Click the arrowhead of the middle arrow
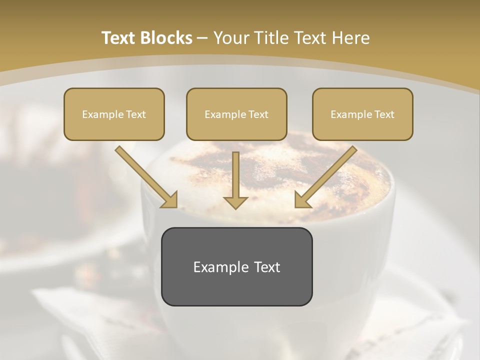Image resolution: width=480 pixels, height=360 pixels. pyautogui.click(x=235, y=202)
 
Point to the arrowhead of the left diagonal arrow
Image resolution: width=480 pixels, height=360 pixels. pyautogui.click(x=169, y=199)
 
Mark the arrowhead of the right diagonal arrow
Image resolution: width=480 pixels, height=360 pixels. pyautogui.click(x=302, y=199)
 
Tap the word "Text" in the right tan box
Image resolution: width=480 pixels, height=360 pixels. pyautogui.click(x=384, y=114)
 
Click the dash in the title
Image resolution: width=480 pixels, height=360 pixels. pyautogui.click(x=202, y=38)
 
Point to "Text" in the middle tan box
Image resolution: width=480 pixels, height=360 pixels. pyautogui.click(x=258, y=114)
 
